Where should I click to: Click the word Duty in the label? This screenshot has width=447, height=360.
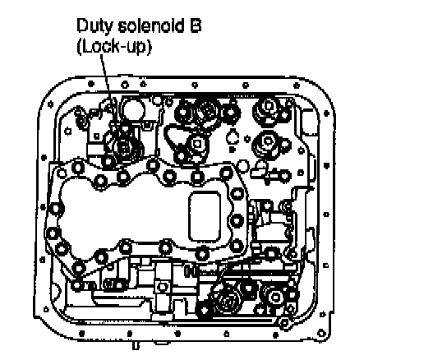94,26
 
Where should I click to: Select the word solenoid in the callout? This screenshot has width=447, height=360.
151,25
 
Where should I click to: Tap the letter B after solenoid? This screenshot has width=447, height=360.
196,25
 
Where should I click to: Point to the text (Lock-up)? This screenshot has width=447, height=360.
114,46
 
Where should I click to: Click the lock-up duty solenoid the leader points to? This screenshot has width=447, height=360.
125,147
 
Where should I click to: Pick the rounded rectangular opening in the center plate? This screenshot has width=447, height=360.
205,217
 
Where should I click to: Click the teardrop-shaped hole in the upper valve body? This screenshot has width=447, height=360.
233,136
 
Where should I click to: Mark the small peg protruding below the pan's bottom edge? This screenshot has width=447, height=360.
136,345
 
